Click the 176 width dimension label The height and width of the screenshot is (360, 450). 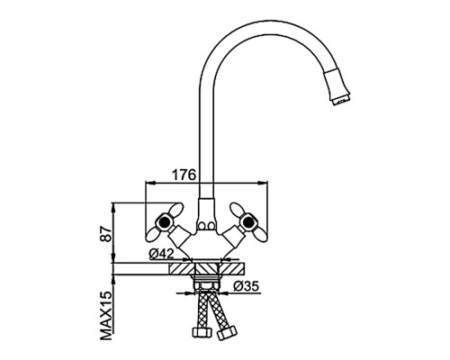pyautogui.click(x=184, y=175)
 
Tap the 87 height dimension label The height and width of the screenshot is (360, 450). pyautogui.click(x=105, y=234)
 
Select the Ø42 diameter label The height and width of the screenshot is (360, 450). pyautogui.click(x=161, y=254)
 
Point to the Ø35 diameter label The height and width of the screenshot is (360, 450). pyautogui.click(x=246, y=286)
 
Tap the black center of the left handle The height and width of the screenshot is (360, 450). pyautogui.click(x=163, y=222)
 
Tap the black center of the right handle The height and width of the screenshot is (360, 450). pyautogui.click(x=248, y=222)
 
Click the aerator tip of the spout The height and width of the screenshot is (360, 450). pyautogui.click(x=341, y=99)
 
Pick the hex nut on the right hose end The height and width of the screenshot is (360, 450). pyautogui.click(x=227, y=332)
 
